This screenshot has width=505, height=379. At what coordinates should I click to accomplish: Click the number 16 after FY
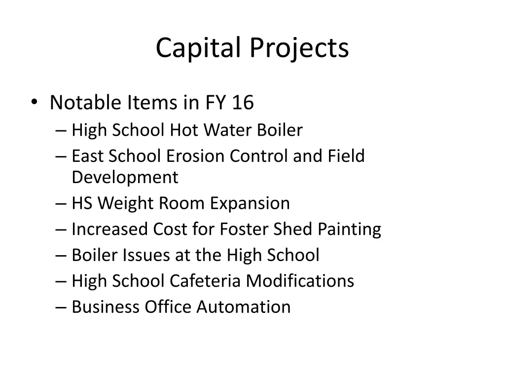[x=243, y=103]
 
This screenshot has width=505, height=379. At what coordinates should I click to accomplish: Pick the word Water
[x=228, y=130]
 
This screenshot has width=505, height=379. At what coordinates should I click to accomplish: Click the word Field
[x=346, y=156]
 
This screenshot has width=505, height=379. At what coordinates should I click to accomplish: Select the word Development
[x=125, y=177]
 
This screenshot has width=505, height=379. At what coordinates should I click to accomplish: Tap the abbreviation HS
[x=82, y=203]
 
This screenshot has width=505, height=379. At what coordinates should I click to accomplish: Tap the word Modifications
[x=300, y=281]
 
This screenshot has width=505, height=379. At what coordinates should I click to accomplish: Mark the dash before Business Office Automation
[x=61, y=307]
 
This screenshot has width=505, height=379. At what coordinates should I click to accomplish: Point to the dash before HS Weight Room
[x=61, y=204]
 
